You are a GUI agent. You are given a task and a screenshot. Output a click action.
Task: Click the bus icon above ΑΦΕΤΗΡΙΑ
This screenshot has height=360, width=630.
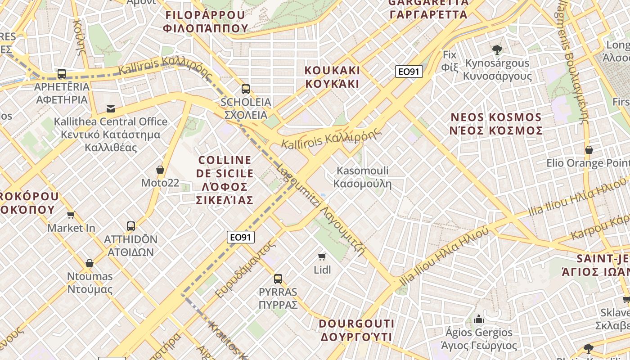point(62,73)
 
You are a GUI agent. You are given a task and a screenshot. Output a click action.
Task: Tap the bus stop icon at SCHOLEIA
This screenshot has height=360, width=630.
point(245,89)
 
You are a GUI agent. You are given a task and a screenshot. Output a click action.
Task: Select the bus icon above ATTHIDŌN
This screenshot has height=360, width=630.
point(131,226)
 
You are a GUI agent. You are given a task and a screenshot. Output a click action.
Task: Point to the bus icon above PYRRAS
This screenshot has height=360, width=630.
point(278,279)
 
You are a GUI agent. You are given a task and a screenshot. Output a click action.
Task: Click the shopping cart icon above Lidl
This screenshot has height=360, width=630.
point(322,256)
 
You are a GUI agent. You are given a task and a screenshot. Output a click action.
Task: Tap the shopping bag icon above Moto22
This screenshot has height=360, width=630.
point(160,170)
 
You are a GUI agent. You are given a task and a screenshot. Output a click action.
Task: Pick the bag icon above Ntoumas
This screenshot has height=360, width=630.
point(90,263)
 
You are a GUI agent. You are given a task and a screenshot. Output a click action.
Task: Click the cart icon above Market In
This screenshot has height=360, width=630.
point(71,215)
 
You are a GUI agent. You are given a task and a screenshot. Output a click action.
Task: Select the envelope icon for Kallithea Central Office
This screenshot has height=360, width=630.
point(110,108)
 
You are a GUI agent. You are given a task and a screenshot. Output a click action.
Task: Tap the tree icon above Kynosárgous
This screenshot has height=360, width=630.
point(497,49)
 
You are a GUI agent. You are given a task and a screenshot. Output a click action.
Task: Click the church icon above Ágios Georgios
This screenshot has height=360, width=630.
point(479,319)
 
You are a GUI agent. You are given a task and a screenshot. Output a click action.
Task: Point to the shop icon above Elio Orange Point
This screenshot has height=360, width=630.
point(589,149)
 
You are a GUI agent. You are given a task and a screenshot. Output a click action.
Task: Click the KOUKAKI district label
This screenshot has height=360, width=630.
point(332,77)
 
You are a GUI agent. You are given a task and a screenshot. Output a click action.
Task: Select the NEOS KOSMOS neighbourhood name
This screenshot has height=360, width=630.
point(496,124)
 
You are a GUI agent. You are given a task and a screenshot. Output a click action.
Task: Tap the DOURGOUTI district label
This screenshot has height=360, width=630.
point(356,330)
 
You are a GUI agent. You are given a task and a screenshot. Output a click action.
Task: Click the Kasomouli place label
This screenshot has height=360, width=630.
point(362,177)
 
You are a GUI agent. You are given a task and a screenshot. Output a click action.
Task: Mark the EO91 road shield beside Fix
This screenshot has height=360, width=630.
point(409,72)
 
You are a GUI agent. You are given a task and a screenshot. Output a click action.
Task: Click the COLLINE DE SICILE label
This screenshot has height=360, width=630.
point(225,180)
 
